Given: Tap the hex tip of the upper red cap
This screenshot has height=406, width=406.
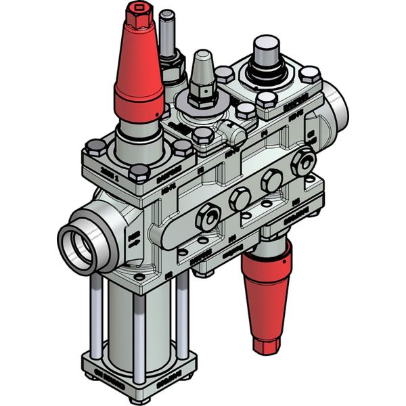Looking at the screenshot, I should click(138, 12).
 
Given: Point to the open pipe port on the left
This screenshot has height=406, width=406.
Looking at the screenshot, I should click(76, 247).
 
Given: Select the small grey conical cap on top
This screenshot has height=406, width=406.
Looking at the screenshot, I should click(202, 71).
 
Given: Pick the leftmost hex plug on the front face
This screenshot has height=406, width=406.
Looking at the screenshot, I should click(202, 217).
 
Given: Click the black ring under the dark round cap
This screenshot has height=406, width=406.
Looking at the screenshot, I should click(268, 72).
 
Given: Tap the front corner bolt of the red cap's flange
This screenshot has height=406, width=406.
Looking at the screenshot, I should click(139, 173).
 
